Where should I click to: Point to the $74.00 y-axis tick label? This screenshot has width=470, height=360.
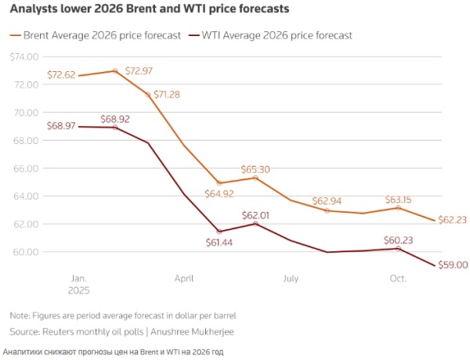(23, 56)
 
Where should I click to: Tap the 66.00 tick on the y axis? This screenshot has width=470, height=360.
(27, 168)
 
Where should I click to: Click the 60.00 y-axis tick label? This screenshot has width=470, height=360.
(27, 252)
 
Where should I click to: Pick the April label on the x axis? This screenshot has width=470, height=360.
(184, 278)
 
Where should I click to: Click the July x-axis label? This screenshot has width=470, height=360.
(291, 278)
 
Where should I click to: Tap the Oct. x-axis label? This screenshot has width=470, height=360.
(397, 278)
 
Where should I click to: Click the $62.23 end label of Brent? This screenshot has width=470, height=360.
(453, 220)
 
